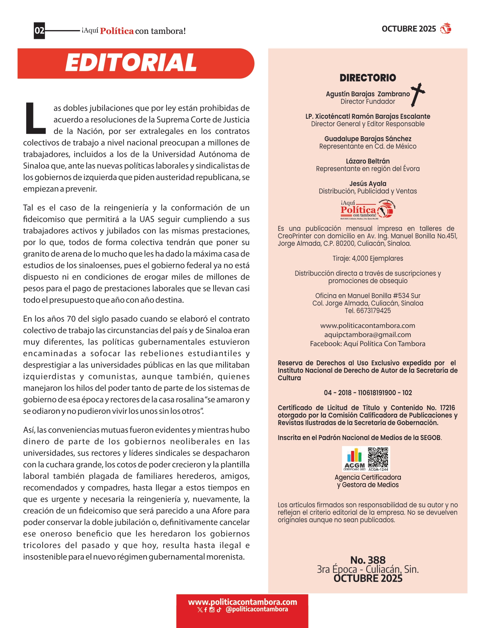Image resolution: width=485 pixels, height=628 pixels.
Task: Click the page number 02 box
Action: pyautogui.click(x=40, y=31)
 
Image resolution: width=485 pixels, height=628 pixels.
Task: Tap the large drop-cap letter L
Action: pyautogui.click(x=35, y=118)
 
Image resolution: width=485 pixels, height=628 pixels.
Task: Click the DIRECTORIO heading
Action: pyautogui.click(x=367, y=78)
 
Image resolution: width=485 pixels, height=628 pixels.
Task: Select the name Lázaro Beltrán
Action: pyautogui.click(x=367, y=161)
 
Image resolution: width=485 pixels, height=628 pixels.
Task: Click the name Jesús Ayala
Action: pyautogui.click(x=367, y=184)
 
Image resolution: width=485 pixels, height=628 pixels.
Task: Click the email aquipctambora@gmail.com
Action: pyautogui.click(x=367, y=335)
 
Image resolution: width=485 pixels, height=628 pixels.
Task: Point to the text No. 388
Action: pyautogui.click(x=367, y=560)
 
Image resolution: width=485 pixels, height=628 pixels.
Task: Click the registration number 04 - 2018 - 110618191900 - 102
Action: pyautogui.click(x=367, y=393)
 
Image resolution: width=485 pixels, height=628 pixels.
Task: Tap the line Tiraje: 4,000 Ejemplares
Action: pyautogui.click(x=367, y=258)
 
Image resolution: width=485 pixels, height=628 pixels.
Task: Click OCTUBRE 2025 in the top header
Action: pyautogui.click(x=409, y=29)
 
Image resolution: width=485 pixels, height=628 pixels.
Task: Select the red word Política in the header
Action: pyautogui.click(x=117, y=31)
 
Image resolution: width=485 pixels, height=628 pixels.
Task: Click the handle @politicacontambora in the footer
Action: pyautogui.click(x=256, y=609)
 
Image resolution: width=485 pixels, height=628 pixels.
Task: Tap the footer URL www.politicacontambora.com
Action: pyautogui.click(x=242, y=602)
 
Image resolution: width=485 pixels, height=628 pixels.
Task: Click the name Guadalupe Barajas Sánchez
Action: pyautogui.click(x=367, y=139)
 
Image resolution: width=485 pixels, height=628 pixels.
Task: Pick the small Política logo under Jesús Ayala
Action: pyautogui.click(x=367, y=210)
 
